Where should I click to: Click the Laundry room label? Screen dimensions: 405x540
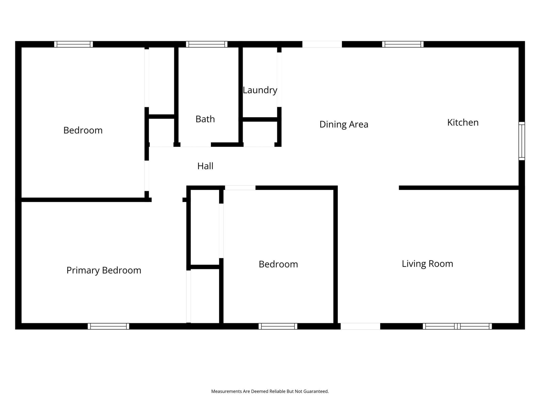260,90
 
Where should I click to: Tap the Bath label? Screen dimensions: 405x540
205,119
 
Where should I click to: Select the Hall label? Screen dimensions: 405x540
205,166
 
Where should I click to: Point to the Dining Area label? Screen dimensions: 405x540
344,124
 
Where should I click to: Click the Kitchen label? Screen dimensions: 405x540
463,123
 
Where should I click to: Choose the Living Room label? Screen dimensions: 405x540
427,264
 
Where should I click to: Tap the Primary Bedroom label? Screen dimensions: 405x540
104,270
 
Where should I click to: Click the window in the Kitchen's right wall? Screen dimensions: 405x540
521,141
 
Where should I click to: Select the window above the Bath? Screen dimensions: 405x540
207,44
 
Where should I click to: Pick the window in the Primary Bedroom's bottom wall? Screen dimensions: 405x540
108,326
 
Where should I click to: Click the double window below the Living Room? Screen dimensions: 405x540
457,326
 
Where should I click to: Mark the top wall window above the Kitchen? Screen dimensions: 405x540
402,44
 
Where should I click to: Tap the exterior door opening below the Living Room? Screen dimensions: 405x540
360,326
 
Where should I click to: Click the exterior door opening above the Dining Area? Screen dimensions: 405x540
322,44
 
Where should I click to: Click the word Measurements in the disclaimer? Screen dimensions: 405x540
227,391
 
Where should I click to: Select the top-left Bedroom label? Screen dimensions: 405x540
83,130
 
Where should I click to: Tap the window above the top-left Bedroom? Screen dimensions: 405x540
73,44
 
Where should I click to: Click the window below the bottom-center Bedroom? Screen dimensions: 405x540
278,326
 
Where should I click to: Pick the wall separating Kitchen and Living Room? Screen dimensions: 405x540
458,188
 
